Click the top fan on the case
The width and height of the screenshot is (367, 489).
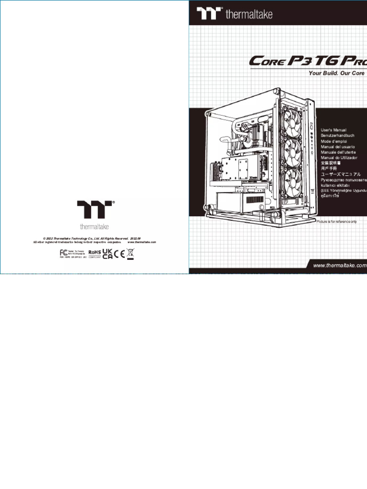pyautogui.click(x=293, y=119)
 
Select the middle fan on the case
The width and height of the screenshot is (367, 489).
pyautogui.click(x=293, y=152)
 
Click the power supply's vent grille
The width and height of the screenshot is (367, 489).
pyautogui.click(x=256, y=199)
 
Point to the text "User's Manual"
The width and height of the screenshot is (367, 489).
pyautogui.click(x=334, y=130)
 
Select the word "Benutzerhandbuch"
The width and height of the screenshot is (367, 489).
pyautogui.click(x=338, y=136)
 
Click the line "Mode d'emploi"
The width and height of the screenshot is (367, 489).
pyautogui.click(x=334, y=141)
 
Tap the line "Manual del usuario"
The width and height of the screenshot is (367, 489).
pyautogui.click(x=338, y=147)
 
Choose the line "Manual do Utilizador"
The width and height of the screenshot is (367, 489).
pyautogui.click(x=339, y=158)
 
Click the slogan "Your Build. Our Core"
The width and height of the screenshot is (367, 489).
pyautogui.click(x=337, y=73)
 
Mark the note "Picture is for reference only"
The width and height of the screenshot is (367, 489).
pyautogui.click(x=336, y=222)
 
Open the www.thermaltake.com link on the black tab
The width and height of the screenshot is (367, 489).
pyautogui.click(x=339, y=266)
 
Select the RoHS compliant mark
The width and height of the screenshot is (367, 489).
pyautogui.click(x=94, y=254)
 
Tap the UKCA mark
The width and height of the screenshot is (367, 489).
pyautogui.click(x=108, y=254)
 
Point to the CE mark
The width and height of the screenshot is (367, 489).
pyautogui.click(x=119, y=254)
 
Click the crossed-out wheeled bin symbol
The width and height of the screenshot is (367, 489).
pyautogui.click(x=130, y=254)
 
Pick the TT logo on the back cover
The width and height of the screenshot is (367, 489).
pyautogui.click(x=95, y=210)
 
